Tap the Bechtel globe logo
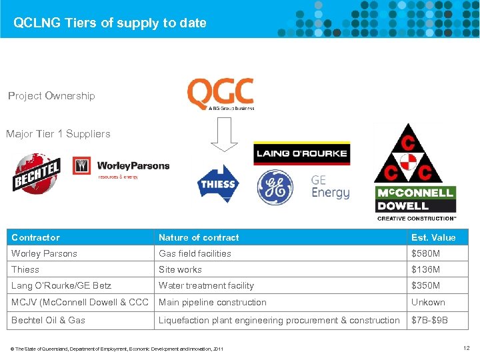(37, 171)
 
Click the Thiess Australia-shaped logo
(217, 183)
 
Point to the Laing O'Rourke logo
(301, 153)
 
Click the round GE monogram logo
(275, 187)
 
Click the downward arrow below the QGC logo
(225, 137)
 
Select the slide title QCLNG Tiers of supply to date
(110, 23)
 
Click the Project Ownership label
(51, 96)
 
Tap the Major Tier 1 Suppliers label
(58, 134)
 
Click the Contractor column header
(36, 237)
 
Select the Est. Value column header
(433, 237)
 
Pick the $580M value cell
(426, 253)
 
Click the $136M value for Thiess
(426, 269)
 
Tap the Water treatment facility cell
(206, 285)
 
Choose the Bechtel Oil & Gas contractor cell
(48, 320)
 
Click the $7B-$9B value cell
(429, 320)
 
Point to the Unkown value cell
(428, 302)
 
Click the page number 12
(466, 348)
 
